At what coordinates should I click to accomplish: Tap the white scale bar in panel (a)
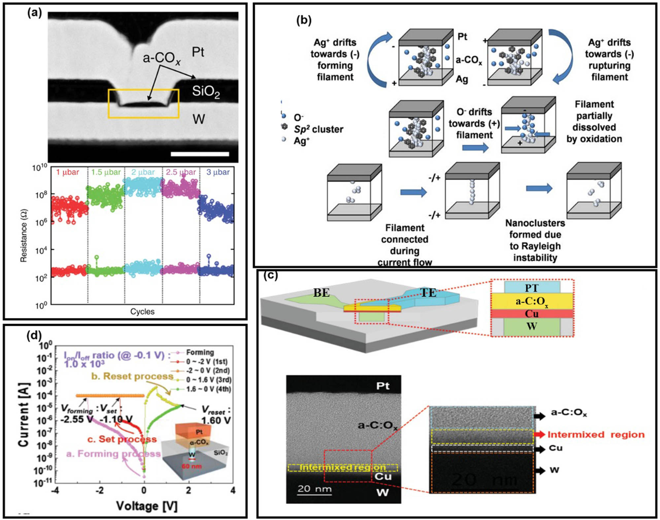[x=200, y=154]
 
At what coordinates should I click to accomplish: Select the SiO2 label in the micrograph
[x=206, y=91]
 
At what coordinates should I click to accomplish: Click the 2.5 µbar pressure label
[x=181, y=172]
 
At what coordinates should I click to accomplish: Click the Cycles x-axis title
[x=142, y=312]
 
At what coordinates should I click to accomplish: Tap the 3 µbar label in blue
[x=218, y=172]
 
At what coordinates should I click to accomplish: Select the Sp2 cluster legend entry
[x=318, y=129]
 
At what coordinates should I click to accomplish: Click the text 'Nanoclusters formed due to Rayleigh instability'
[x=535, y=240]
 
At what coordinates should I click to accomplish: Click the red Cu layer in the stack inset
[x=532, y=314]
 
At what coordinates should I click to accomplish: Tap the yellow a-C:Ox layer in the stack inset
[x=532, y=301]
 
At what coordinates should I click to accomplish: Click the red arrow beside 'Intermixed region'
[x=539, y=435]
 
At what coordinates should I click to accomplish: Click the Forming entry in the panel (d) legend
[x=200, y=352]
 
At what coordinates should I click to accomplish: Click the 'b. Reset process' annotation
[x=132, y=376]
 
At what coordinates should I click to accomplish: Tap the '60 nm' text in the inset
[x=191, y=466]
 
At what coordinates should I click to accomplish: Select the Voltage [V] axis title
[x=147, y=506]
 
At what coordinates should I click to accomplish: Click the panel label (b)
[x=304, y=20]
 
